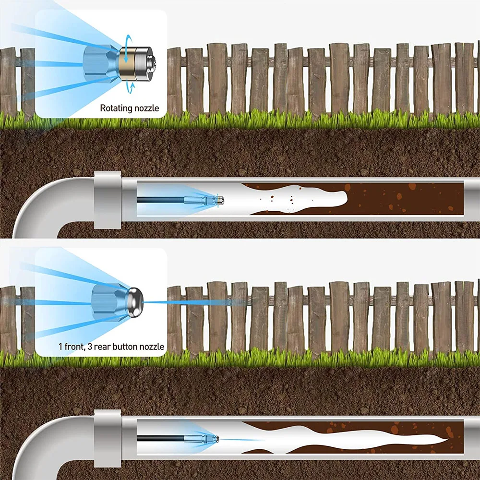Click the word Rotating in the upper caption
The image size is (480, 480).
point(115,108)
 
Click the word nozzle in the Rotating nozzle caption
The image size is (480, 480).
point(145,108)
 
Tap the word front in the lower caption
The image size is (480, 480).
point(74,347)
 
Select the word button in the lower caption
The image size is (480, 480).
point(128,347)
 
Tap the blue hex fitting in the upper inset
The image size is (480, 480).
point(97,64)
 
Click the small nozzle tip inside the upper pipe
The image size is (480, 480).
point(217,198)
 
